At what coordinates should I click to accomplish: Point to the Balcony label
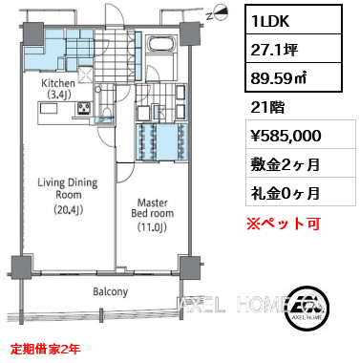coord(111,291)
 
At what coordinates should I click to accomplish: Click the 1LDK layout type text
coord(270,21)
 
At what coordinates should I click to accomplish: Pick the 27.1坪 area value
coord(274,50)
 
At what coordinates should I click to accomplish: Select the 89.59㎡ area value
coord(279,78)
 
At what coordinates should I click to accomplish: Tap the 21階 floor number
coord(267,108)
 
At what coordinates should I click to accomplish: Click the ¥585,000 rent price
coord(286,136)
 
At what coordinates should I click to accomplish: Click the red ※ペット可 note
coord(284,224)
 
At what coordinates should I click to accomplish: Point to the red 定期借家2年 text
coord(45,349)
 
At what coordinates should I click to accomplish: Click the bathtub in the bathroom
coord(161,43)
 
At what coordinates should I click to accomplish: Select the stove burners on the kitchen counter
coord(84,108)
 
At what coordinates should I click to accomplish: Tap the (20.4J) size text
coord(68,209)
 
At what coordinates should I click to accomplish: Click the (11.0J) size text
coord(152,227)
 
